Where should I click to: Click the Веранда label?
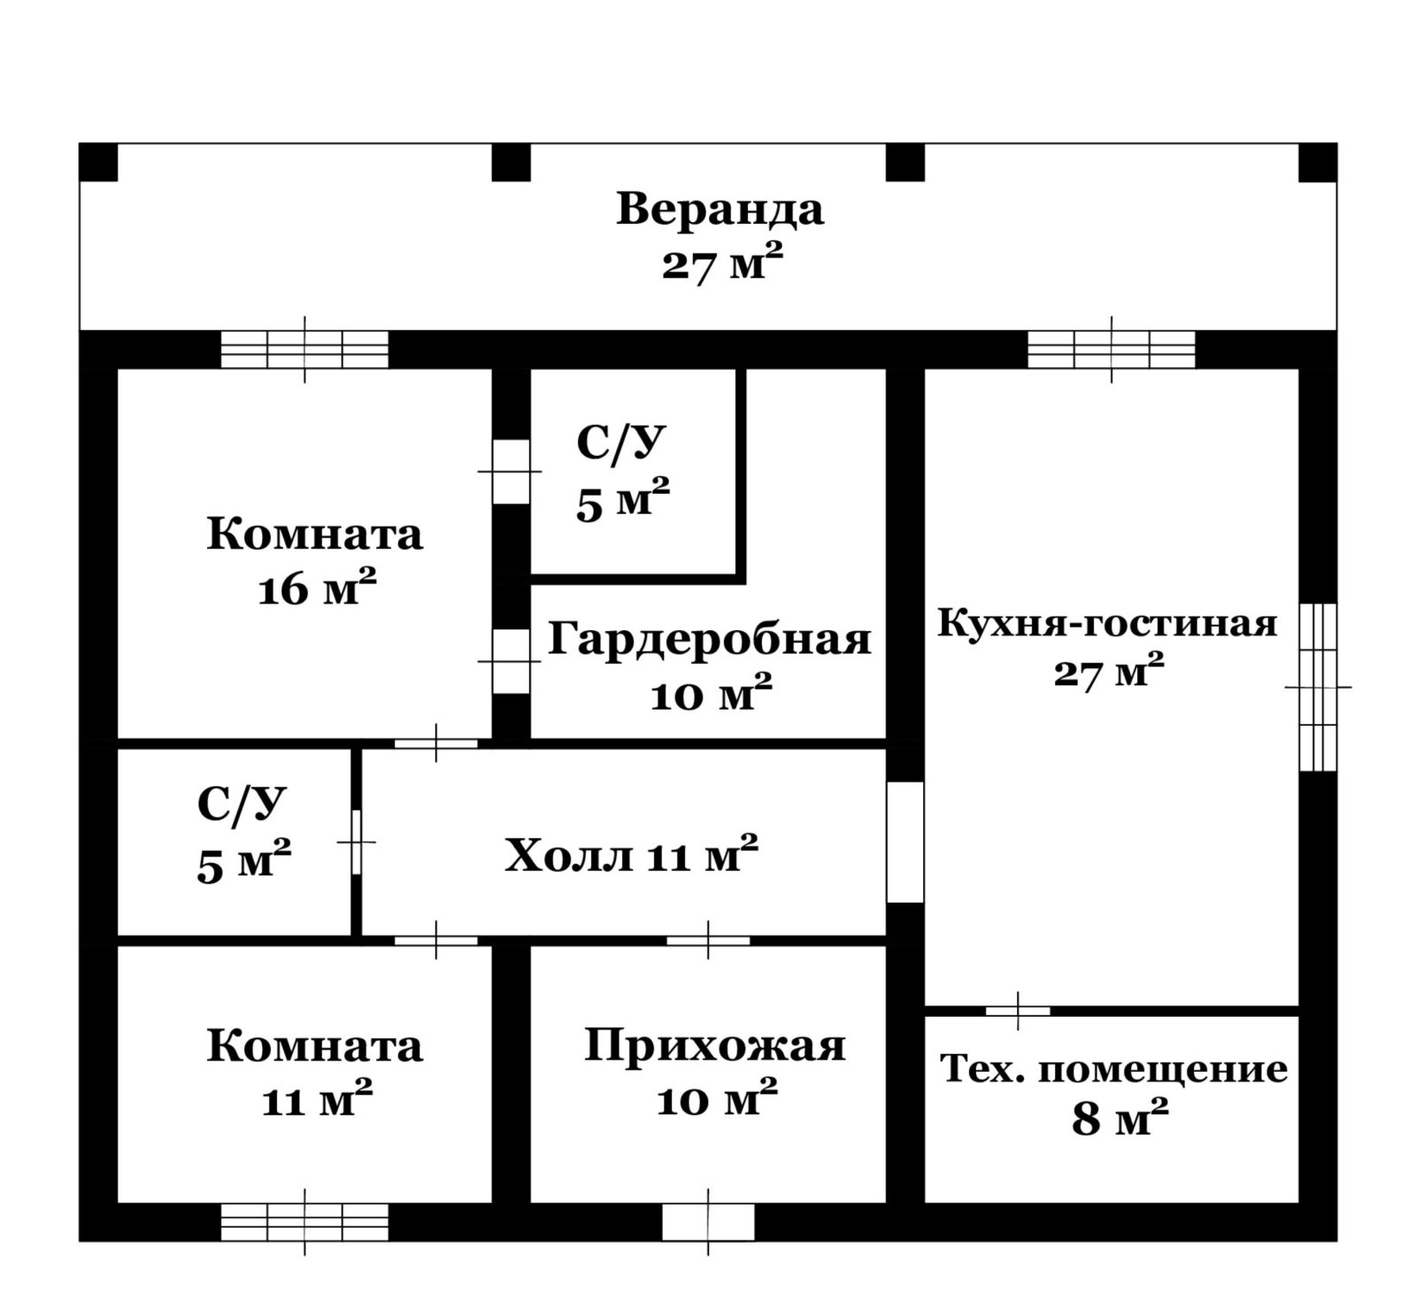tap(720, 211)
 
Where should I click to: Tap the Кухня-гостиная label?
tap(1107, 624)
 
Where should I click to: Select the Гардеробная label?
tap(709, 638)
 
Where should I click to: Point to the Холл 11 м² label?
tap(631, 854)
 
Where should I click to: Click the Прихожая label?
tap(715, 1047)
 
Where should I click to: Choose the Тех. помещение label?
tap(1113, 1069)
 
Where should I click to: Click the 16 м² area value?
tap(317, 589)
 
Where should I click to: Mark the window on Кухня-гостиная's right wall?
tap(1318, 687)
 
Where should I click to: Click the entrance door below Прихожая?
tap(708, 1222)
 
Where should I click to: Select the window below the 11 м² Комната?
tap(304, 1222)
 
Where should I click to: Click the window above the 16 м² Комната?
tap(304, 350)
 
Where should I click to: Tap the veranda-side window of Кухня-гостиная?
tap(1112, 350)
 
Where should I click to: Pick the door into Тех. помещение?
tap(1018, 1011)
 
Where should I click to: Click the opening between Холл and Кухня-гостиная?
tap(904, 842)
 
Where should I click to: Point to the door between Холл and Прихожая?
tap(708, 940)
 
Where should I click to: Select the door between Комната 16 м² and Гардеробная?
tap(511, 661)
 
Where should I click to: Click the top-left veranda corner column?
tap(98, 163)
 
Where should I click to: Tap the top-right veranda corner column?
tap(1318, 163)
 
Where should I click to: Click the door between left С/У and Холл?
tap(357, 842)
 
